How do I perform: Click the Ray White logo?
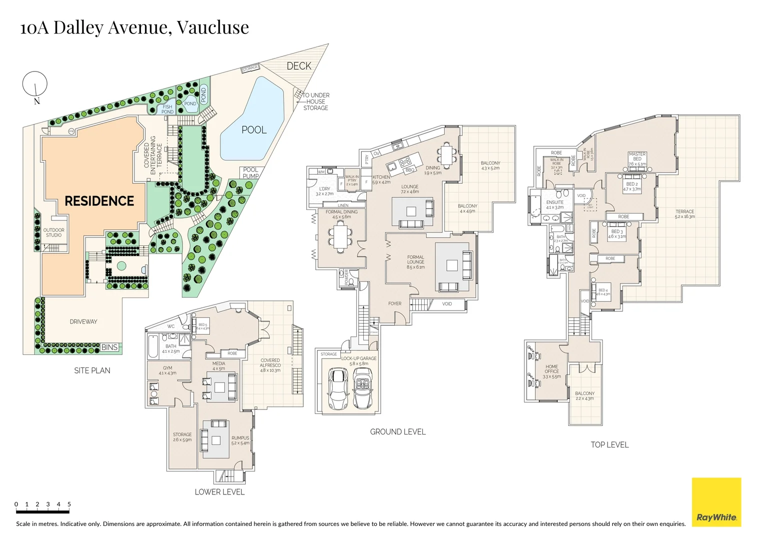716,502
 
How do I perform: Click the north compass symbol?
35,85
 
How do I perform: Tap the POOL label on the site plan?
254,130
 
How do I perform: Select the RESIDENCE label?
99,201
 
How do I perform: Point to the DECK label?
299,66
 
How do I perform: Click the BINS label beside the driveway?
109,347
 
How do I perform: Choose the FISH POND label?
167,109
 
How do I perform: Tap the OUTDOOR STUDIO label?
54,232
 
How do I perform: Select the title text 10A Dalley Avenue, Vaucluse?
134,27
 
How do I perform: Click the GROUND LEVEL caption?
398,431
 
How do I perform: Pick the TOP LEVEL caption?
610,444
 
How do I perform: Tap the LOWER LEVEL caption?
219,492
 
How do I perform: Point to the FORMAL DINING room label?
342,214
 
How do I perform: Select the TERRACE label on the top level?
685,214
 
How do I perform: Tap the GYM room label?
167,370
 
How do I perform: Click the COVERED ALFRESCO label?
270,365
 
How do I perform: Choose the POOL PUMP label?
251,173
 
